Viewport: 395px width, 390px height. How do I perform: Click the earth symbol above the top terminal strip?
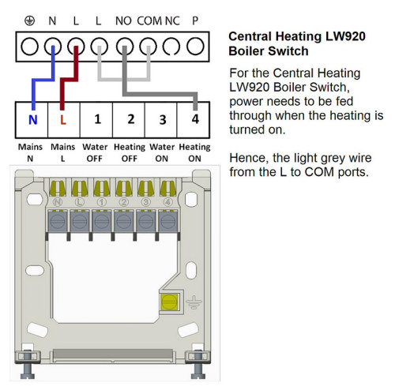point(29,21)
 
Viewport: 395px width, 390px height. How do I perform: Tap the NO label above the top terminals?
point(123,21)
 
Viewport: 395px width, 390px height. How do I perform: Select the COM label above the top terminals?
point(149,21)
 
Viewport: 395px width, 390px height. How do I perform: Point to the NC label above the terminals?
point(172,21)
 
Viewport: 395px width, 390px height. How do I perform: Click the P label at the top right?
point(195,21)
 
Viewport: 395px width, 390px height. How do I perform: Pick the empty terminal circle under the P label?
point(195,47)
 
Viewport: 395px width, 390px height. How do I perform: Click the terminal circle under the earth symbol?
point(29,47)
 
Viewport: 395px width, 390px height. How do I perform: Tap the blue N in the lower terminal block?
point(32,120)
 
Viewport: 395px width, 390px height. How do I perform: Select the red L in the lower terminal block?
point(63,120)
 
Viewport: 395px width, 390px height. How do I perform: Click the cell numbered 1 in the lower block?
point(96,120)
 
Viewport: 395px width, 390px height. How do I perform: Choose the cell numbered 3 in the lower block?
point(161,120)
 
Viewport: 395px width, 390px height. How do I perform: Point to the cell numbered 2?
point(129,120)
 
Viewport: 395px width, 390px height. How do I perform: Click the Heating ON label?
point(194,152)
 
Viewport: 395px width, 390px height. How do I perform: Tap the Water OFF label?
point(95,152)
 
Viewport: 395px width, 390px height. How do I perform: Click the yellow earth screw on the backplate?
point(169,302)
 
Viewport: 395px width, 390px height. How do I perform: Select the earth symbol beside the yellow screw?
point(194,302)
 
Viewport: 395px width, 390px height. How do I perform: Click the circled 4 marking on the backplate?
point(167,202)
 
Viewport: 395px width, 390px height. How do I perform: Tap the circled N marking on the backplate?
point(58,202)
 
